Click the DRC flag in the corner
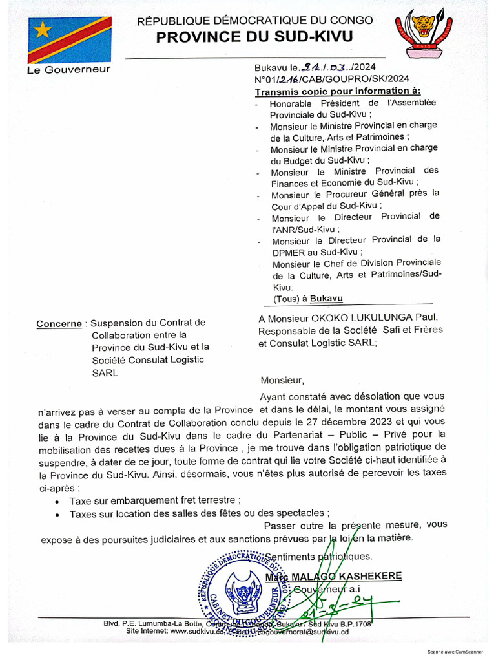(69, 39)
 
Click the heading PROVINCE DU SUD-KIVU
(254, 37)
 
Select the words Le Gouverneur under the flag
(68, 69)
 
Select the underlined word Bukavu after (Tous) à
(326, 299)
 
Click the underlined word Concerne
(59, 323)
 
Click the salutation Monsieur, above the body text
(282, 380)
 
